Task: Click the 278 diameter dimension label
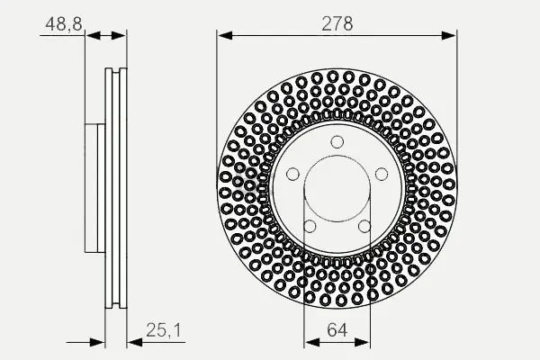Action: [x=337, y=23]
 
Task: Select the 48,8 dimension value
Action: [x=64, y=24]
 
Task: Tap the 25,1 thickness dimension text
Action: [x=163, y=330]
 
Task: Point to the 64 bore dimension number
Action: [x=337, y=330]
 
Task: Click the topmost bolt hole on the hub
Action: [x=337, y=142]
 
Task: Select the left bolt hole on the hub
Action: [x=292, y=174]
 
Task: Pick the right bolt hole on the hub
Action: [x=382, y=174]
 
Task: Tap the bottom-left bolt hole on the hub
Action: [x=310, y=226]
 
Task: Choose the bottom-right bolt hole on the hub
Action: [x=364, y=226]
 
